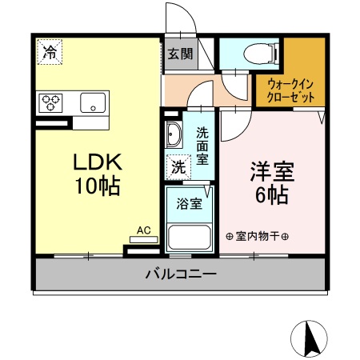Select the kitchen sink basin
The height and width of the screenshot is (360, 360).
93,102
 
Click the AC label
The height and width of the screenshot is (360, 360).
144,230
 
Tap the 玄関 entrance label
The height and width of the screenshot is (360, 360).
180,54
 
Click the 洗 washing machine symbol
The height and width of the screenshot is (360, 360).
179,167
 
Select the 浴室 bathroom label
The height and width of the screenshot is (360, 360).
190,203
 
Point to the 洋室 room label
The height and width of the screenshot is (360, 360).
272,170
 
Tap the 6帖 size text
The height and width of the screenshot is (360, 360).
272,194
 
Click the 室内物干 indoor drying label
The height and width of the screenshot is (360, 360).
258,236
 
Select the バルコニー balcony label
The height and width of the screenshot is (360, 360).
181,274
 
